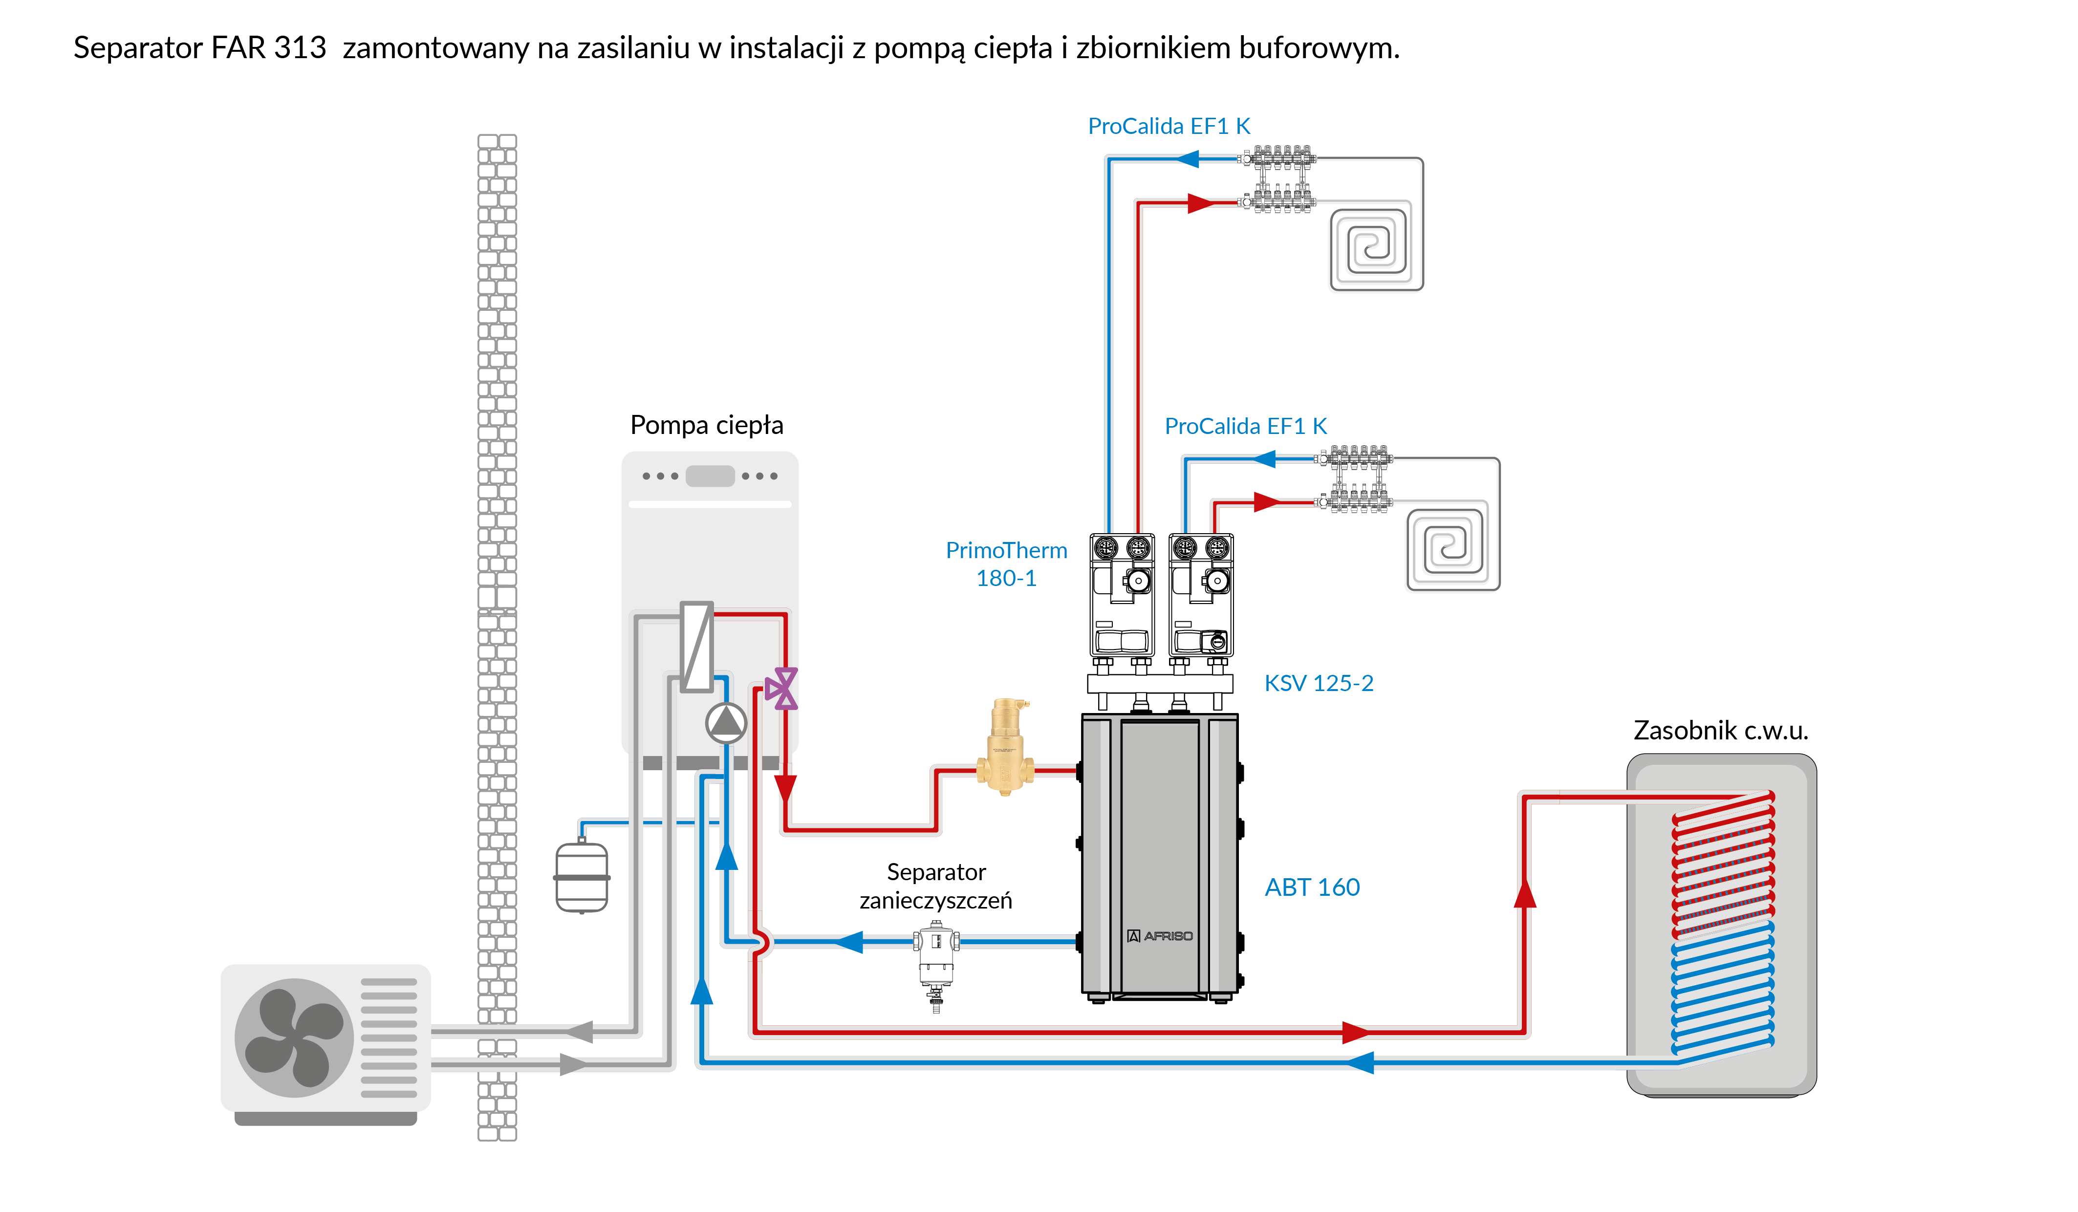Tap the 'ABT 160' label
pos(1312,887)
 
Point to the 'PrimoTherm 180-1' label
pos(1006,564)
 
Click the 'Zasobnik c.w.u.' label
pos(1720,731)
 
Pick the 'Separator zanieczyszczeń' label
pos(936,887)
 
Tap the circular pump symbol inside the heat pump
pos(726,723)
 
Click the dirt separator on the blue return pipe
pos(936,956)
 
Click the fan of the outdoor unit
pos(294,1037)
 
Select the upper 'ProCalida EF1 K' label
pos(1169,126)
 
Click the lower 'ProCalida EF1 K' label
pos(1245,426)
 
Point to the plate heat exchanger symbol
pos(697,647)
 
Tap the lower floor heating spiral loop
pos(1452,545)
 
